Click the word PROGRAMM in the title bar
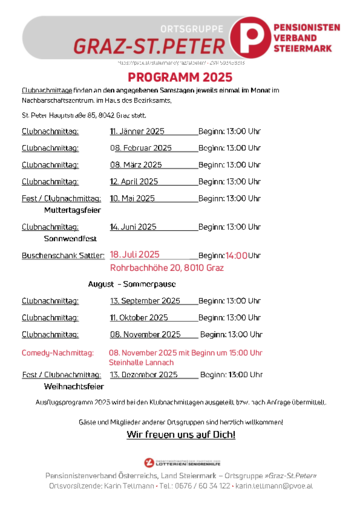point(164,77)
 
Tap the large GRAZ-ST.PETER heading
point(149,45)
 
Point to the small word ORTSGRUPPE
point(195,30)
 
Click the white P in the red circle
point(248,38)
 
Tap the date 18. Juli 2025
point(134,255)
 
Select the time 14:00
point(236,256)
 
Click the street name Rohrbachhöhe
point(138,268)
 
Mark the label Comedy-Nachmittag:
point(57,353)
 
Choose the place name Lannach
point(160,362)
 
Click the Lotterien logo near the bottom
point(181,463)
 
